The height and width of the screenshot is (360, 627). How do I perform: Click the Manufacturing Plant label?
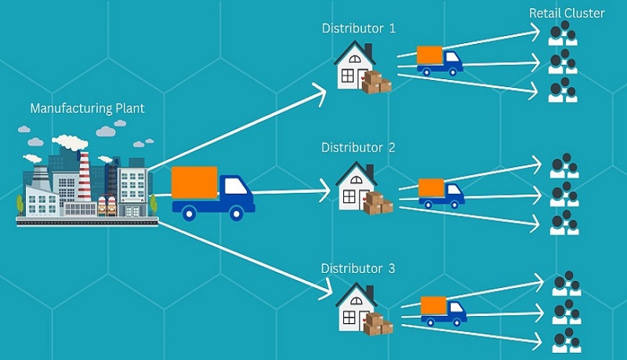pyautogui.click(x=87, y=108)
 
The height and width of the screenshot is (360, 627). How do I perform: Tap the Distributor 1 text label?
pyautogui.click(x=359, y=28)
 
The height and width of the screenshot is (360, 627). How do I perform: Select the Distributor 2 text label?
pyautogui.click(x=358, y=147)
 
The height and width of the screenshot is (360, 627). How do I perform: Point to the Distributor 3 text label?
pyautogui.click(x=358, y=269)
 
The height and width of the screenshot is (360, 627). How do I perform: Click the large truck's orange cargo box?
pyautogui.click(x=194, y=183)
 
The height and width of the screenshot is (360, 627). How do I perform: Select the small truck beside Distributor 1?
pyautogui.click(x=439, y=60)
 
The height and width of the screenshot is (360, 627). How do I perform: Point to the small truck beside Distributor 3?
pyautogui.click(x=443, y=310)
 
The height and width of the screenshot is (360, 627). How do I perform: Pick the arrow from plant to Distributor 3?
pyautogui.click(x=243, y=259)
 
